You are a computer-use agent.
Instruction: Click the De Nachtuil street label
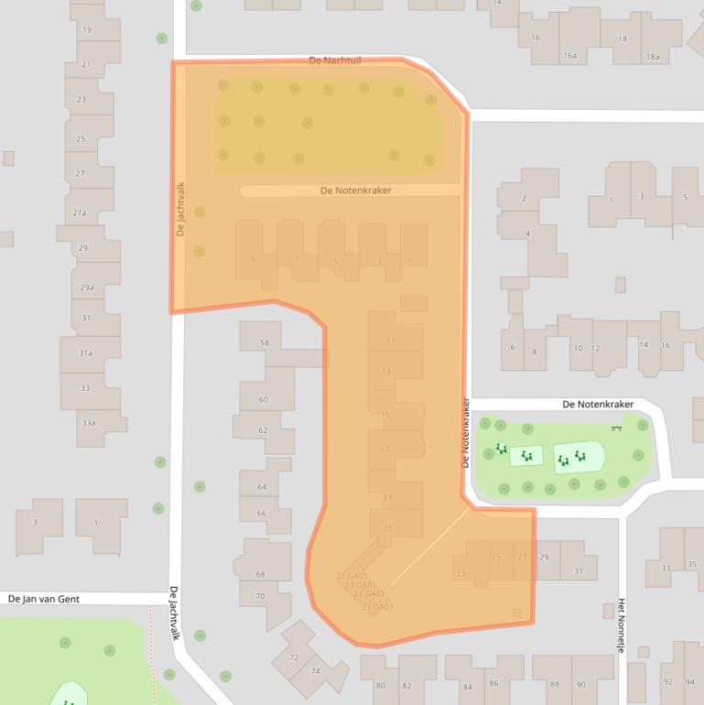pyautogui.click(x=336, y=60)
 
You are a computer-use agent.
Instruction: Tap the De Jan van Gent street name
pyautogui.click(x=44, y=599)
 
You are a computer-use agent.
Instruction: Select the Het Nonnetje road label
pyautogui.click(x=621, y=620)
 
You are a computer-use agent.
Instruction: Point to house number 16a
pyautogui.click(x=569, y=56)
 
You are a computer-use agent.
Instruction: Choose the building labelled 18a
pyautogui.click(x=652, y=57)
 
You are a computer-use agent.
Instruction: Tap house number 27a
pyautogui.click(x=81, y=212)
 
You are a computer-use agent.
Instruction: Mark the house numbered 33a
pyautogui.click(x=89, y=422)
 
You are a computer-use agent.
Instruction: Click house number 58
pyautogui.click(x=265, y=342)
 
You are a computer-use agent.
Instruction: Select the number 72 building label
pyautogui.click(x=294, y=657)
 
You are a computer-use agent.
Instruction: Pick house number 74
pyautogui.click(x=316, y=671)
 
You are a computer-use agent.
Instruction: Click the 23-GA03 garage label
pyautogui.click(x=376, y=606)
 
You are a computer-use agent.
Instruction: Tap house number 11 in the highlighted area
pyautogui.click(x=390, y=341)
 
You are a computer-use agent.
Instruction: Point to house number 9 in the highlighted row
pyautogui.click(x=253, y=260)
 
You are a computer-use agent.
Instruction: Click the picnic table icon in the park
pyautogui.click(x=617, y=426)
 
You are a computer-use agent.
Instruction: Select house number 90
pyautogui.click(x=580, y=685)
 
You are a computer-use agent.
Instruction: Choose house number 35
pyautogui.click(x=691, y=564)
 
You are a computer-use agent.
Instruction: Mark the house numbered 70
pyautogui.click(x=260, y=596)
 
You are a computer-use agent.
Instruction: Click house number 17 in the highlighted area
pyautogui.click(x=384, y=450)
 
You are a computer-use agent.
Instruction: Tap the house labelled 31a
pyautogui.click(x=85, y=352)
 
